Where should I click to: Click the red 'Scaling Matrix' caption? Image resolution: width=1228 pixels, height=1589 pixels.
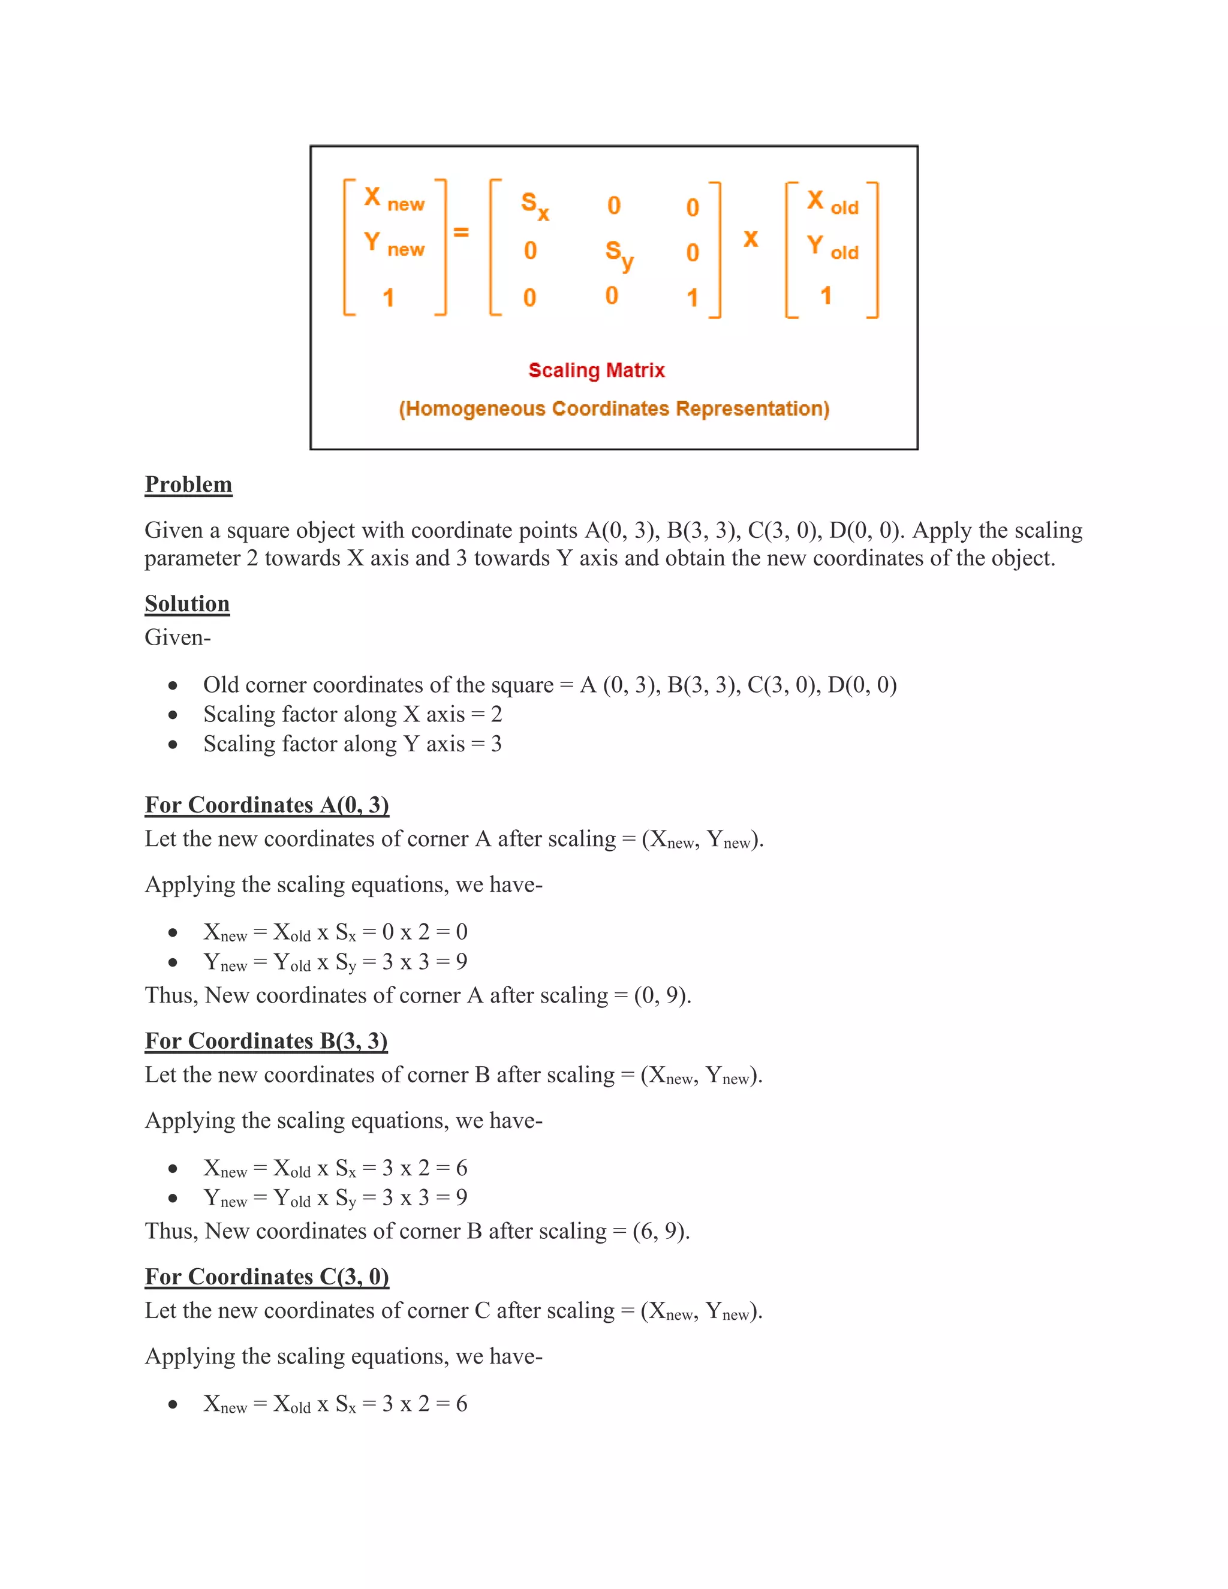[597, 371]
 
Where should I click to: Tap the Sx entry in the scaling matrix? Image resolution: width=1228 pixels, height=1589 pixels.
[535, 205]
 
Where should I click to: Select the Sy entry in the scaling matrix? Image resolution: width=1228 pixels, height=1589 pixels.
[619, 255]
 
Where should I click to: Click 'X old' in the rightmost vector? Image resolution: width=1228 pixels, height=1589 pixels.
[832, 201]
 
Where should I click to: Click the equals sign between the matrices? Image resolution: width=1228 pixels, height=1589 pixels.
[461, 232]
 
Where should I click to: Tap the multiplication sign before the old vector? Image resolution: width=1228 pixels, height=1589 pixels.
[751, 239]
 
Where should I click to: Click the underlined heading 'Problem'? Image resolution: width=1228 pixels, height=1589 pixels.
[188, 484]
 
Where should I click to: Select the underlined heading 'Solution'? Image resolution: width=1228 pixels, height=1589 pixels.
[187, 604]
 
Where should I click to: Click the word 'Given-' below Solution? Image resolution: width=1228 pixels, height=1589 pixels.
[177, 638]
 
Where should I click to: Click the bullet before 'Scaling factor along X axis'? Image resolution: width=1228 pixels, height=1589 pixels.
[173, 715]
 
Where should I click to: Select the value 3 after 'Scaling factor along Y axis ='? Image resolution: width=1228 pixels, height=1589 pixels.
[496, 744]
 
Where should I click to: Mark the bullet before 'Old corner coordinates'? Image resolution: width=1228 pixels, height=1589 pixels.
[173, 685]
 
